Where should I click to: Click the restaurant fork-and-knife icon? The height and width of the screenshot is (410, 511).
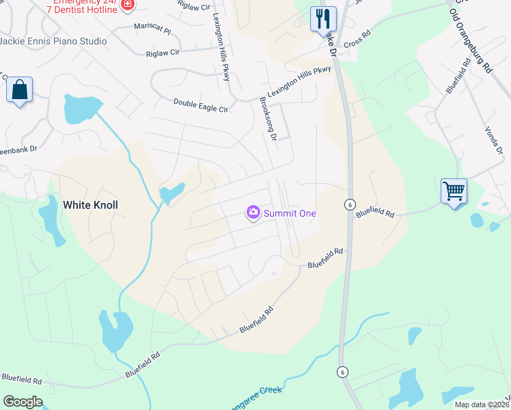point(323,19)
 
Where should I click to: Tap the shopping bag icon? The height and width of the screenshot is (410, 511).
point(20,90)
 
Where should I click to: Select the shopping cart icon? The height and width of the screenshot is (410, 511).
point(454,191)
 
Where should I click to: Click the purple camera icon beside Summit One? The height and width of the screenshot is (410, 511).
point(253,213)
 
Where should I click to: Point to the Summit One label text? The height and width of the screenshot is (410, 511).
point(290,214)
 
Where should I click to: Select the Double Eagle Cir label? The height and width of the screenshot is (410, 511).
point(200,104)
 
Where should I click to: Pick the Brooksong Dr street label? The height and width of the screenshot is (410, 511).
point(267,118)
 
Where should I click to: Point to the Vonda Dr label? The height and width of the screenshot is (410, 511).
point(493,141)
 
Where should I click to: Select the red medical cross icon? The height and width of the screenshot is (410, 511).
point(126,5)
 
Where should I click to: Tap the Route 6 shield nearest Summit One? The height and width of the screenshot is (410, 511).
point(349,204)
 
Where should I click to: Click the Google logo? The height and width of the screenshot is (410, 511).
point(23,402)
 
